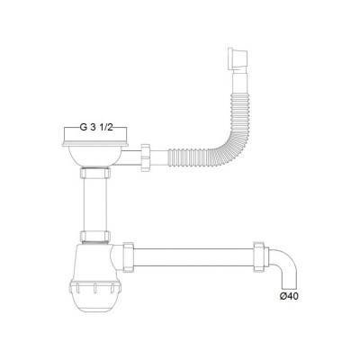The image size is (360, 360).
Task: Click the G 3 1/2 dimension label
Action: [x=95, y=128]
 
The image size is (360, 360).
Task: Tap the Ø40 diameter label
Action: [x=289, y=296]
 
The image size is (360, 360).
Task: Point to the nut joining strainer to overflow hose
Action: [x=146, y=157]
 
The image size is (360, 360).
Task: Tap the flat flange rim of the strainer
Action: [x=95, y=145]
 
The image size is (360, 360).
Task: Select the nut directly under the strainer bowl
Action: [x=94, y=174]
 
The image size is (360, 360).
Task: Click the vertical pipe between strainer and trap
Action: [x=94, y=204]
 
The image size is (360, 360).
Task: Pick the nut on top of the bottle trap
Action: [x=95, y=237]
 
